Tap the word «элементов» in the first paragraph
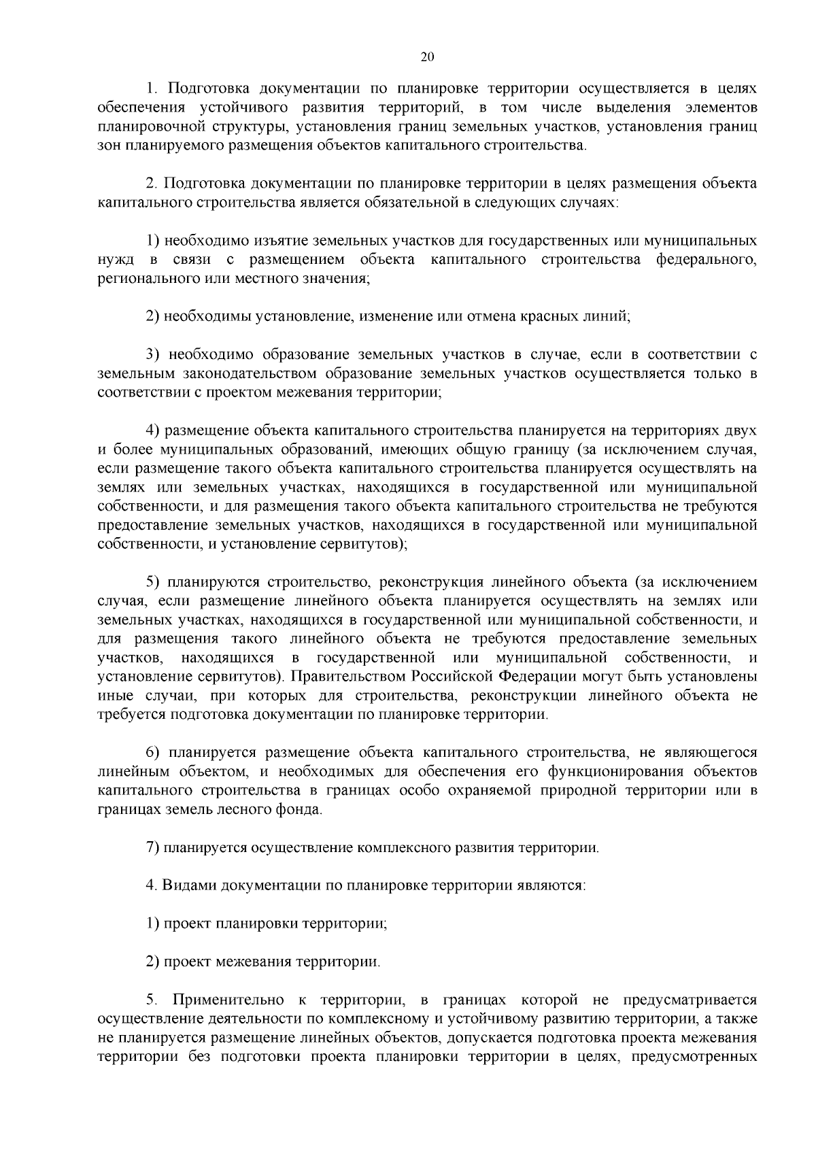pyautogui.click(x=721, y=107)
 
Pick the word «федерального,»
pyautogui.click(x=707, y=260)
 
